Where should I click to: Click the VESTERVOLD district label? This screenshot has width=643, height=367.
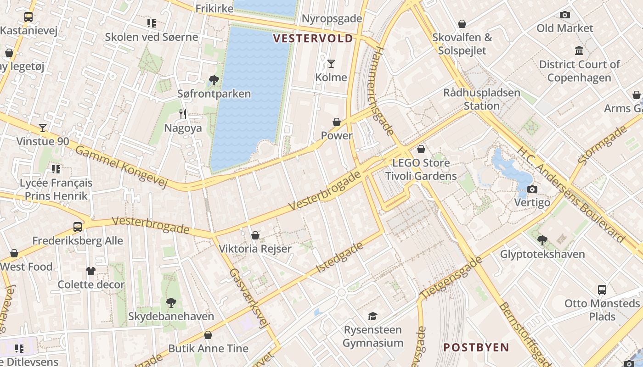tap(313, 38)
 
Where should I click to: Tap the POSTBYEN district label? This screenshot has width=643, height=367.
tap(476, 347)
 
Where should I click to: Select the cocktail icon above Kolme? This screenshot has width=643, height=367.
tap(331, 63)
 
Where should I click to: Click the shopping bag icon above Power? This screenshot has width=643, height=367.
tap(337, 122)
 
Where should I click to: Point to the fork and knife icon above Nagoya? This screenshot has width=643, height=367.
tap(183, 114)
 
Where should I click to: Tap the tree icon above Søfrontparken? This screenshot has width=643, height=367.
tap(214, 80)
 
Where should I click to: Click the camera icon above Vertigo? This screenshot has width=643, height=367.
tap(532, 189)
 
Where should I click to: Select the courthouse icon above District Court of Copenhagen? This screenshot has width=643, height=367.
tap(579, 50)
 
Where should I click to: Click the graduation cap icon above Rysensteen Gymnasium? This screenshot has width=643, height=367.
tap(372, 316)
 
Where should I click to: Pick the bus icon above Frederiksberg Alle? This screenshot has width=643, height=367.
tap(78, 227)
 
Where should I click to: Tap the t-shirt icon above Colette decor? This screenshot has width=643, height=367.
tap(90, 271)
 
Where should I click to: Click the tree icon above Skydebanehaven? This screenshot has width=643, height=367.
tap(171, 303)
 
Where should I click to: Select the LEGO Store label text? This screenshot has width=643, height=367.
tap(421, 163)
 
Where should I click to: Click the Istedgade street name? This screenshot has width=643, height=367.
tap(340, 257)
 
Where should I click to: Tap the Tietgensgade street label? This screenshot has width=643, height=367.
tap(451, 278)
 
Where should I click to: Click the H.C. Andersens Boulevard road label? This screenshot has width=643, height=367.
tap(571, 195)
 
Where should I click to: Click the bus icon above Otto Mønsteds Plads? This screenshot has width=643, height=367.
tap(602, 290)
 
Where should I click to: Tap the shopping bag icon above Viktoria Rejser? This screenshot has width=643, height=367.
tap(255, 235)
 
